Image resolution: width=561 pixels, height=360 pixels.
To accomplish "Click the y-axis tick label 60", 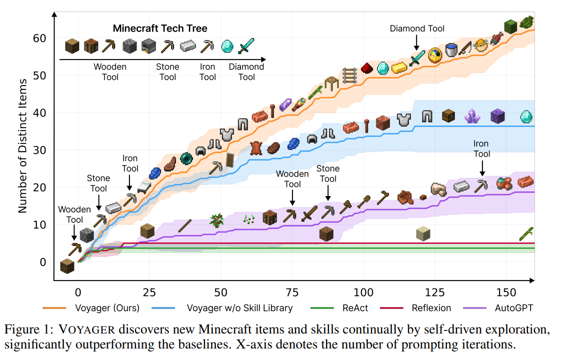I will [x=39, y=38].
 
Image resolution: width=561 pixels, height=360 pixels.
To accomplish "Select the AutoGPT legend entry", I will [x=513, y=308].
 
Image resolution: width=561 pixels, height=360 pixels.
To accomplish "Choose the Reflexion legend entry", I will [x=431, y=308].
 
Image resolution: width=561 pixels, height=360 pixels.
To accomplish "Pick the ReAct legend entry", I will [x=356, y=308].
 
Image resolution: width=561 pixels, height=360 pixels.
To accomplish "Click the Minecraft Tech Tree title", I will [x=160, y=28].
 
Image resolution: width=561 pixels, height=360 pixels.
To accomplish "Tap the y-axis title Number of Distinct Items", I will [x=22, y=145].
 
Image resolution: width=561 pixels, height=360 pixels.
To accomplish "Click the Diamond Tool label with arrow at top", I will [x=417, y=28].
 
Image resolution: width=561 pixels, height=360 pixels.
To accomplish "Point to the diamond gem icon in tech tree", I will [x=227, y=46].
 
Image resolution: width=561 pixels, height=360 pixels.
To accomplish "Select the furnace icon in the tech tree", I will [x=149, y=46].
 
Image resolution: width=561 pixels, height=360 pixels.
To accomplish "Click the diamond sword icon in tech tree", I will [x=246, y=46].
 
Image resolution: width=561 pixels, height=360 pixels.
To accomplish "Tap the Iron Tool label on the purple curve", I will [x=482, y=149].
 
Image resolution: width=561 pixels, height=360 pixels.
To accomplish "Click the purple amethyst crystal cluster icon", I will [x=472, y=116].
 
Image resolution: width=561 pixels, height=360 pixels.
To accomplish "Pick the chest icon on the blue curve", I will [x=449, y=116].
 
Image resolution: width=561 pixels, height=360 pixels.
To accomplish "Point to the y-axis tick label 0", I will [x=43, y=262].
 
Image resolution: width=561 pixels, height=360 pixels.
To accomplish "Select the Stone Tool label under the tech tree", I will [x=167, y=72].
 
